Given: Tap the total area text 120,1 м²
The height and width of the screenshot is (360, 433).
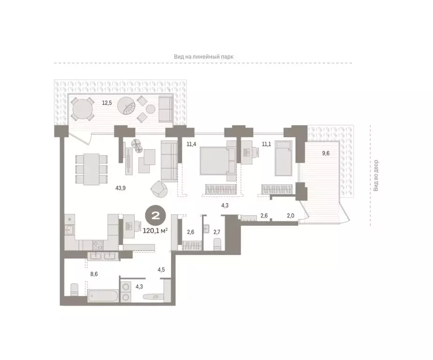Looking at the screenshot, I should (155, 230).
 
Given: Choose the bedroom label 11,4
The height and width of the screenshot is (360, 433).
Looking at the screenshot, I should (191, 144).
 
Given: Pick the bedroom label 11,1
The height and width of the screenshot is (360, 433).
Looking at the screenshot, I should (267, 144).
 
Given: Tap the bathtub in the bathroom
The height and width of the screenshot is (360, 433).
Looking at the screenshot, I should (103, 296).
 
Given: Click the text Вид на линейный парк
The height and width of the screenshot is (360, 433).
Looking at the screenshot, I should (203, 56).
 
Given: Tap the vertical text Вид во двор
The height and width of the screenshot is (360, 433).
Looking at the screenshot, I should (375, 175).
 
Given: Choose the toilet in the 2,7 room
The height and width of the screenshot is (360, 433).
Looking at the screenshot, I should (217, 243).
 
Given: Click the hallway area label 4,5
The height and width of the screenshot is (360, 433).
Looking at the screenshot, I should (161, 270).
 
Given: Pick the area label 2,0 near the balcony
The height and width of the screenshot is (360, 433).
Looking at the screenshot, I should (291, 216).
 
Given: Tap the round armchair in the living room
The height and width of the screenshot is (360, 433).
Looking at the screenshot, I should (158, 190).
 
